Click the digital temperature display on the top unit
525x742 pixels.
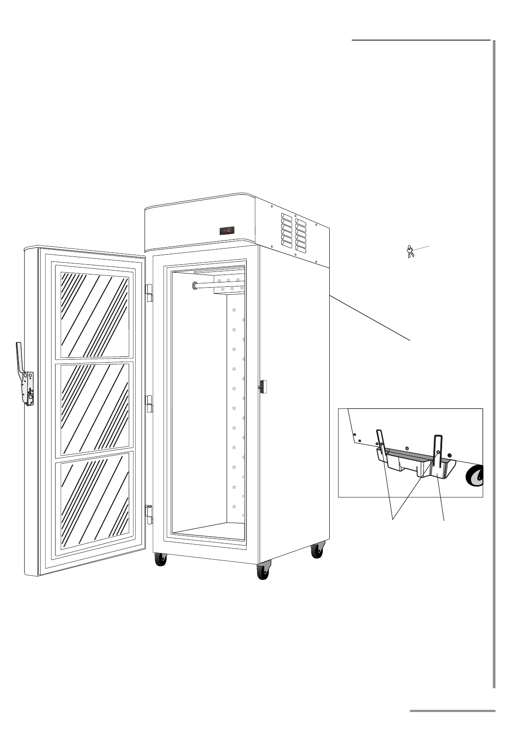point(227,230)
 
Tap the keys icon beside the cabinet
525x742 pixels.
point(410,252)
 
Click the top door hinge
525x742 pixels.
point(149,292)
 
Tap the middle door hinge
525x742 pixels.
point(149,403)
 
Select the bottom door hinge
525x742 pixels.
point(149,514)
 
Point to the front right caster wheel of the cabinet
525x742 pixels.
point(263,573)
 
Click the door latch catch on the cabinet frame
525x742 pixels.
point(264,386)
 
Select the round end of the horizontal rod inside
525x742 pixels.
point(195,286)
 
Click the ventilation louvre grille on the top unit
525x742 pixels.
point(294,234)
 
